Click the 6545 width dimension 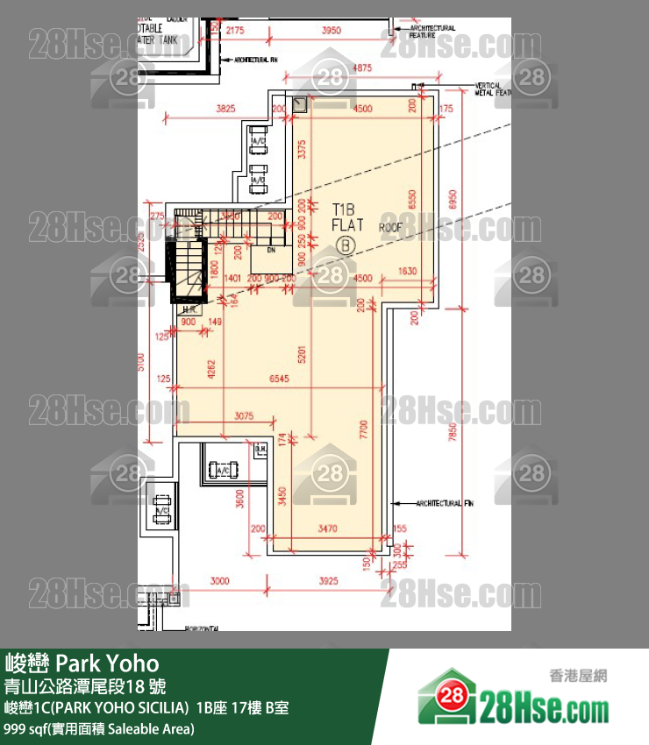point(285,378)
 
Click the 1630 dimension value point(408,271)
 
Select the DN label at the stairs point(271,249)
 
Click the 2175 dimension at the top point(234,31)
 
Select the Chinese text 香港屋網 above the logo point(577,676)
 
